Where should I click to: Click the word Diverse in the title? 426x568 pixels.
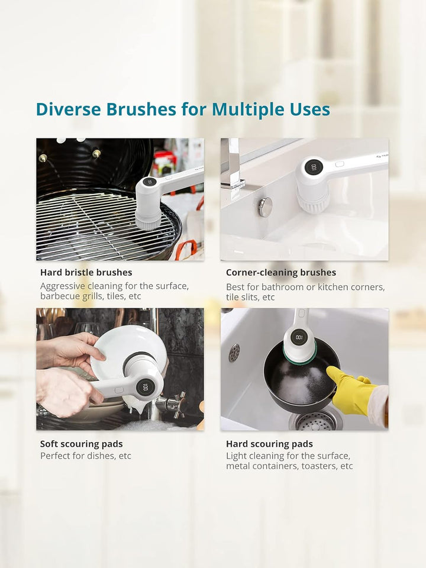(x=68, y=109)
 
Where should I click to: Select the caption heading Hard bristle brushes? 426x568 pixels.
(x=86, y=272)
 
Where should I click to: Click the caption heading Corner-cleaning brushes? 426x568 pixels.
(x=280, y=272)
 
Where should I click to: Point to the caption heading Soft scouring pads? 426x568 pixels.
(x=82, y=444)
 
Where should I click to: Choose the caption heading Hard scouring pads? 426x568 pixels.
(x=270, y=444)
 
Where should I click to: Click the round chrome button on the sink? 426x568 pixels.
(x=265, y=207)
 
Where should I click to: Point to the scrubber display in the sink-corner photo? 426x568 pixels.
(x=314, y=167)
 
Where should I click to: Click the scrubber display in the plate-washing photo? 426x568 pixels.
(x=146, y=387)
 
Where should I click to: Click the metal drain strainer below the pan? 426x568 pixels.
(x=316, y=421)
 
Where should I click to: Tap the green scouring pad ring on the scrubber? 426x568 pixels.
(x=300, y=356)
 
